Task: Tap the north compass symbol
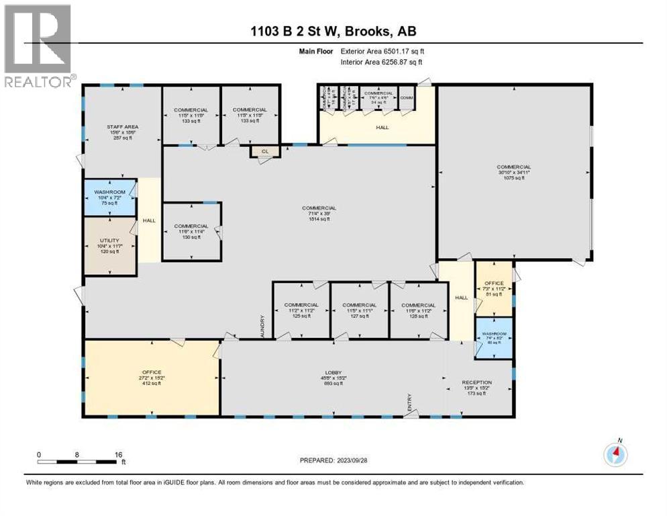615,454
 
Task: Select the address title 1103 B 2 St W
333,32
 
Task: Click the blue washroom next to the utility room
109,197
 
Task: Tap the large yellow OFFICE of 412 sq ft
151,378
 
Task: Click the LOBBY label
333,377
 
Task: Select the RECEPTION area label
477,387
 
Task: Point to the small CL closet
265,152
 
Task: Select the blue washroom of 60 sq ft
493,330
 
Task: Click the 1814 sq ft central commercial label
319,214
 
